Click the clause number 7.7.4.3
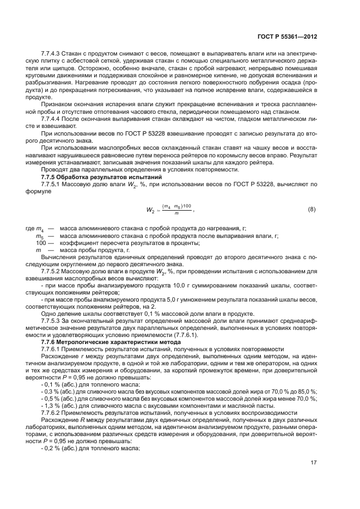pos(53,54)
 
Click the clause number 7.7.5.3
pos(53,320)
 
